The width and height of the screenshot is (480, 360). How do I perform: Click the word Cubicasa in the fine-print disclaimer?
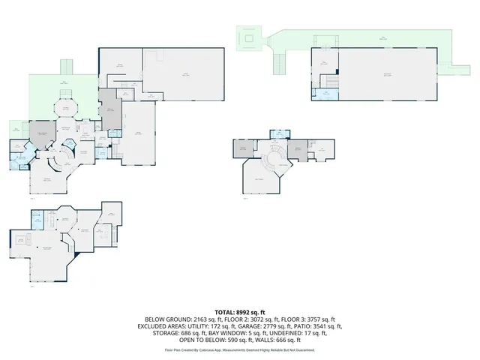211,349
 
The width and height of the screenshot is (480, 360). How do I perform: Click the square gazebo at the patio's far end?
248,37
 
